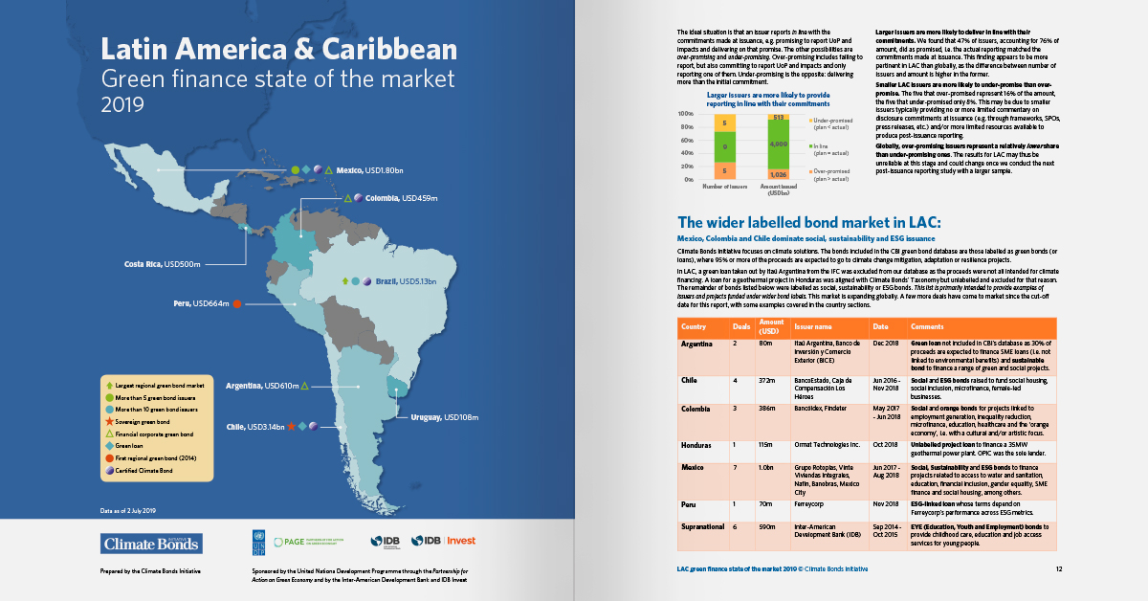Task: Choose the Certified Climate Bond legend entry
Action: (x=153, y=468)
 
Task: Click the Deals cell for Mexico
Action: (x=736, y=467)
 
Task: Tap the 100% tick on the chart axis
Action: (x=685, y=114)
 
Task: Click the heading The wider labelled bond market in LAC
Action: (x=809, y=222)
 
